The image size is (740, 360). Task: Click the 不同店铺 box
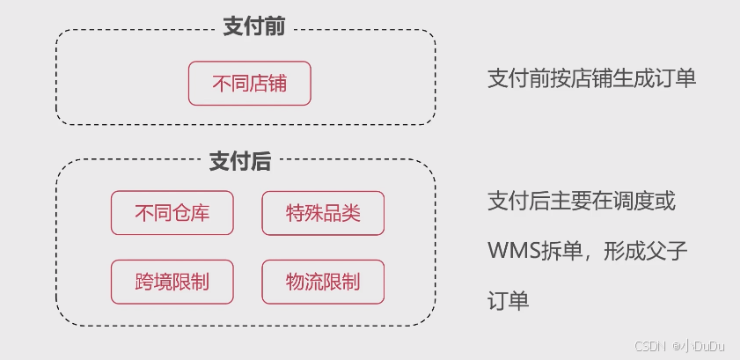pos(250,84)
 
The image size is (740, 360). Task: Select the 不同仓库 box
pos(172,213)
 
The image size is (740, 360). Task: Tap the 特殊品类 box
pos(323,213)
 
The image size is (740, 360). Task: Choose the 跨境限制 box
pos(172,282)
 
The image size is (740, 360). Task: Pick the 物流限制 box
pos(323,282)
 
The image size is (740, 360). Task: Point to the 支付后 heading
pos(239,161)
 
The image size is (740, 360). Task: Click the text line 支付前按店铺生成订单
pos(591,77)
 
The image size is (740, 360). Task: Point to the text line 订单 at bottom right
pos(508,302)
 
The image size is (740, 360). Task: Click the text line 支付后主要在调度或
pos(582,202)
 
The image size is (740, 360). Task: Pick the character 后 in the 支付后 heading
pos(260,161)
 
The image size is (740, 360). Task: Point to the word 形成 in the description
pos(625,252)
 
